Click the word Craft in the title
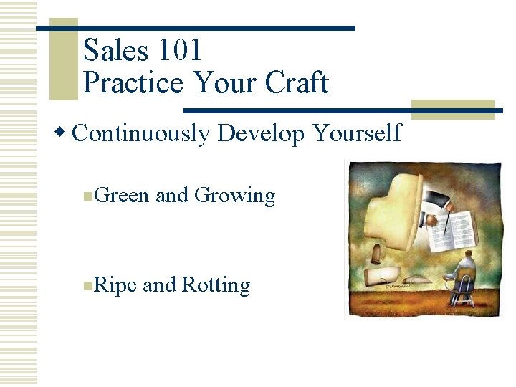[x=297, y=83]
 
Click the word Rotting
[x=216, y=285]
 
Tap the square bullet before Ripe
[x=87, y=286]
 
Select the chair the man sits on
[x=463, y=290]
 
